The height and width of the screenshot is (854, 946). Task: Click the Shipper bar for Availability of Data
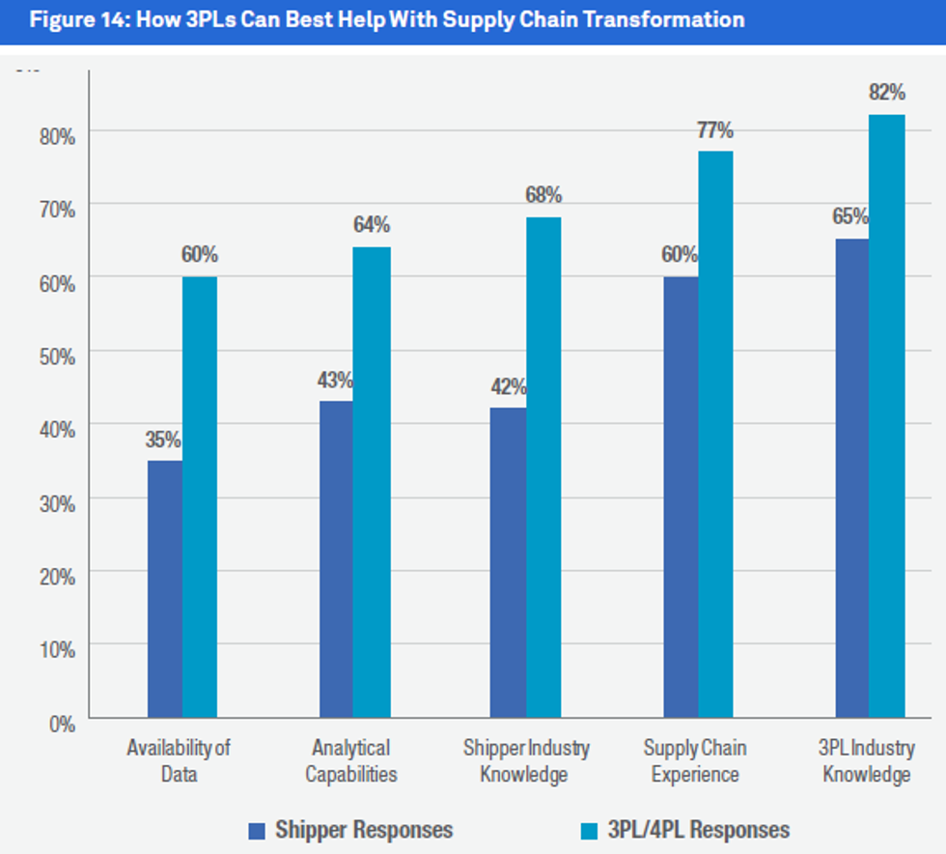click(165, 589)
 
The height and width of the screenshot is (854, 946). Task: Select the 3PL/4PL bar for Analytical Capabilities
click(372, 483)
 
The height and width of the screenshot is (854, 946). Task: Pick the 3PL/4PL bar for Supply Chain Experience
click(715, 435)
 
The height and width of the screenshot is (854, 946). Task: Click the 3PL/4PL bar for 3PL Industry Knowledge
click(887, 416)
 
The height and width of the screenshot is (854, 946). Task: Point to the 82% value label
click(886, 94)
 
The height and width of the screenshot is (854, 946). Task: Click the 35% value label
click(163, 441)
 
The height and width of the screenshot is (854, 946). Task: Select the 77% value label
click(715, 129)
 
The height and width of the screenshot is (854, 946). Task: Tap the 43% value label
click(335, 381)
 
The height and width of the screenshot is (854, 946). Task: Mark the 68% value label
click(543, 195)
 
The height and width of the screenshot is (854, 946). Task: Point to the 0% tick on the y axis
click(62, 723)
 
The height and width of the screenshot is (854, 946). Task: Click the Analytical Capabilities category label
click(350, 761)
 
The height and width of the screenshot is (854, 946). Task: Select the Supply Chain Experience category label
click(695, 761)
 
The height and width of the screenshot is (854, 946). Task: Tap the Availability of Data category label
click(179, 761)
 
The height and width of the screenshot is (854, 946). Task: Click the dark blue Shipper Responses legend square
click(257, 830)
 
